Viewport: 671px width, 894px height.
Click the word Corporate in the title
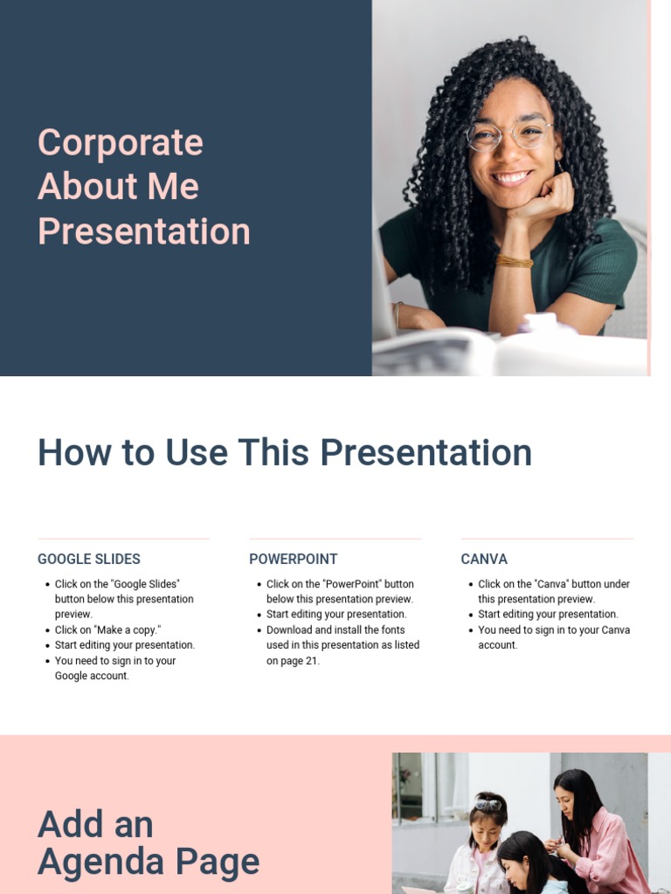pos(120,143)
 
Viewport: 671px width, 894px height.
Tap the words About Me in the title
pos(118,187)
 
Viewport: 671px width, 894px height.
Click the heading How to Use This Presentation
pos(284,453)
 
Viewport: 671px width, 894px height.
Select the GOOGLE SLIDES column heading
pos(88,559)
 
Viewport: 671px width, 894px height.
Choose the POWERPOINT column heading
pos(293,559)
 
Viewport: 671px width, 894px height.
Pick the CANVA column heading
pos(484,559)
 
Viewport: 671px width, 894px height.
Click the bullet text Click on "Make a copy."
pos(107,630)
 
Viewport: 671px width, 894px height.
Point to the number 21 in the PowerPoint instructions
pos(311,661)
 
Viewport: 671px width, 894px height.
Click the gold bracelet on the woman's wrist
pos(515,260)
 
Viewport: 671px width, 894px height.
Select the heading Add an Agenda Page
pos(149,842)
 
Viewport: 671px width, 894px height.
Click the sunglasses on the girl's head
pos(488,804)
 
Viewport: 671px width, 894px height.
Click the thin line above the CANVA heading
pos(546,539)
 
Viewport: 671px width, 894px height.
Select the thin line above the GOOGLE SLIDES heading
pos(123,539)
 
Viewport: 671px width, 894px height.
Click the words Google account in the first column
pos(91,676)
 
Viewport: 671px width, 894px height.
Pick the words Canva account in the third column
pos(498,645)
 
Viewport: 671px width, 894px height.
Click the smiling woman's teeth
pos(512,177)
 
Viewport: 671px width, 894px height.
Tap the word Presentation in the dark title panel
pos(144,231)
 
